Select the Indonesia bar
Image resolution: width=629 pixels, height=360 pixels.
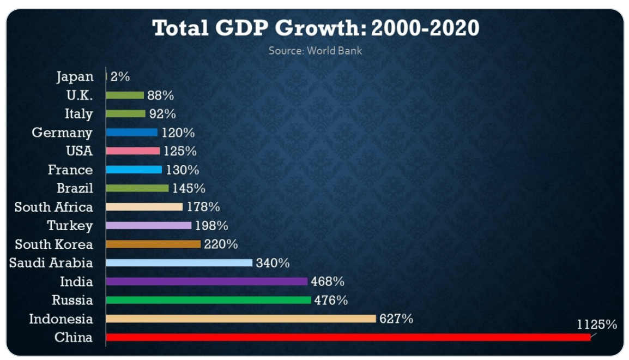pyautogui.click(x=240, y=319)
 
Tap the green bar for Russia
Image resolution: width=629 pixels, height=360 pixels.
pyautogui.click(x=208, y=300)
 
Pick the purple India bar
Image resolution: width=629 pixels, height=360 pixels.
pyautogui.click(x=207, y=281)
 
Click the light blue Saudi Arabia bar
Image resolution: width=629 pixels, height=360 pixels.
pyautogui.click(x=179, y=263)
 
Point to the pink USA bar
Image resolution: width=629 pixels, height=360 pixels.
pyautogui.click(x=133, y=151)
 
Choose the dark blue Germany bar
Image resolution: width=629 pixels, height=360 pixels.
pyautogui.click(x=131, y=133)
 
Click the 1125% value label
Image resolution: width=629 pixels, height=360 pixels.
pyautogui.click(x=597, y=325)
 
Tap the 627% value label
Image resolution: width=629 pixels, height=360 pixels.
pyautogui.click(x=396, y=319)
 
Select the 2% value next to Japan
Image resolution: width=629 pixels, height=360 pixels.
pyautogui.click(x=120, y=77)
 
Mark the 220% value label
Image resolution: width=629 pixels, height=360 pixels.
pyautogui.click(x=221, y=244)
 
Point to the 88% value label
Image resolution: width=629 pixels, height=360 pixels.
pyautogui.click(x=160, y=95)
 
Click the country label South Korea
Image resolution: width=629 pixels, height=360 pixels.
pyautogui.click(x=54, y=244)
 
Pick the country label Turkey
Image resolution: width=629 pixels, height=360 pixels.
pyautogui.click(x=70, y=226)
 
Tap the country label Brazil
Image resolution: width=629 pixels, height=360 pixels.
pyautogui.click(x=75, y=188)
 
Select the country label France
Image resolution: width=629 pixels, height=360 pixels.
pyautogui.click(x=70, y=170)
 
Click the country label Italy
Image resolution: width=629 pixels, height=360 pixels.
pyautogui.click(x=79, y=114)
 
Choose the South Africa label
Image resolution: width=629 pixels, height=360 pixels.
pyautogui.click(x=54, y=207)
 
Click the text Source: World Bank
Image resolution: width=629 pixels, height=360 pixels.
pyautogui.click(x=315, y=51)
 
